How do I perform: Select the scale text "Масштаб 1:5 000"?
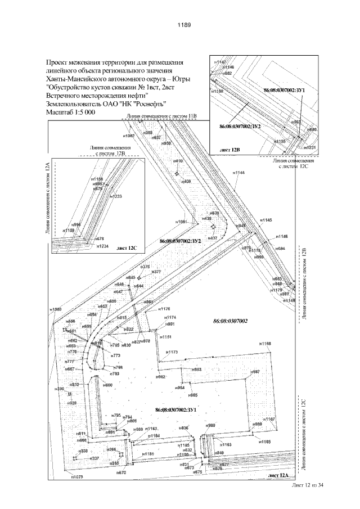pos(70,112)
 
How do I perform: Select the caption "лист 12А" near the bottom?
pos(279,476)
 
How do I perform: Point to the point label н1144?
pos(238,172)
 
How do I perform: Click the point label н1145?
pos(265,219)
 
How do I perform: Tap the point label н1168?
pos(265,343)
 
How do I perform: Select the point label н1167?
pos(269,419)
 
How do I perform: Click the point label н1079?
pos(76,477)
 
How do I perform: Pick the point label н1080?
pos(55,309)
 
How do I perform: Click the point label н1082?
pos(128,136)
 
